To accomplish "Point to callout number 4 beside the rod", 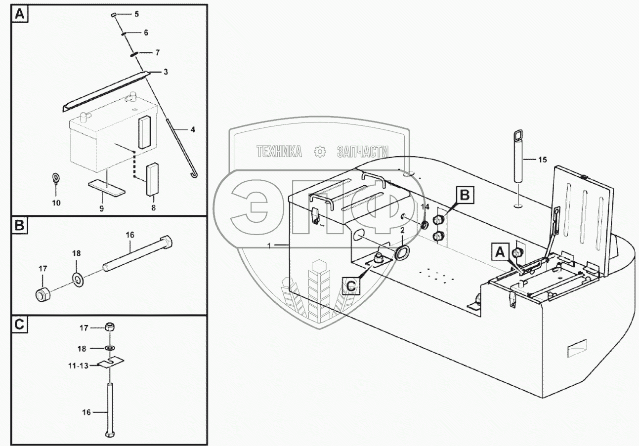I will tap(193, 130).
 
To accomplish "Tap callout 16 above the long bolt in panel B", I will tap(130, 235).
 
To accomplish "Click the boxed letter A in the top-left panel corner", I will tap(20, 15).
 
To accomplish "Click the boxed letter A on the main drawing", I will tap(500, 252).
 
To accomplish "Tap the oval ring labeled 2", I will tap(402, 253).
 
